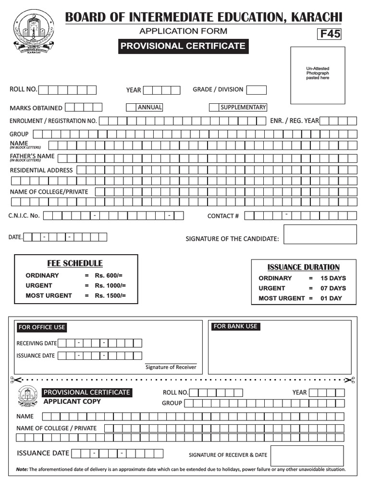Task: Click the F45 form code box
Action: pyautogui.click(x=329, y=34)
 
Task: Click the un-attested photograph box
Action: pyautogui.click(x=318, y=75)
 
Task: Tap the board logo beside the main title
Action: pyautogui.click(x=31, y=32)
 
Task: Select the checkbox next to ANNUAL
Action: pyautogui.click(x=131, y=107)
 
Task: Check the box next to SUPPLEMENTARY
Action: pyautogui.click(x=213, y=107)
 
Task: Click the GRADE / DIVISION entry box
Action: pyautogui.click(x=257, y=90)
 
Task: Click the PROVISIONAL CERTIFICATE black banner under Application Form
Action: pyautogui.click(x=183, y=46)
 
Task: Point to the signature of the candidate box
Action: pyautogui.click(x=320, y=234)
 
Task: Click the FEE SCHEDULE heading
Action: pyautogui.click(x=74, y=263)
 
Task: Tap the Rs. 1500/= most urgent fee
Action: pyautogui.click(x=110, y=295)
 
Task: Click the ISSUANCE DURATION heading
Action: pyautogui.click(x=303, y=267)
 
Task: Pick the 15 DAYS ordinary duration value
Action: pyautogui.click(x=333, y=278)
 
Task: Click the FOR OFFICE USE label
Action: pyautogui.click(x=41, y=327)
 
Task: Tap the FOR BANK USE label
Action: pyautogui.click(x=235, y=326)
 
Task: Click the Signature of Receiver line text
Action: pyautogui.click(x=171, y=367)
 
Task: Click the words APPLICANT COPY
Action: pyautogui.click(x=72, y=401)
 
